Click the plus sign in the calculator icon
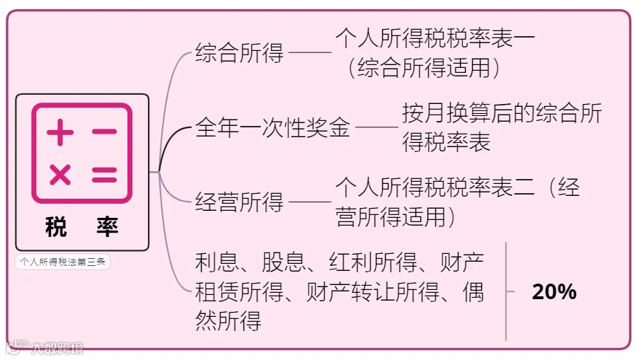60,132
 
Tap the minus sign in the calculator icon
104,132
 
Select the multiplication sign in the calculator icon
60,174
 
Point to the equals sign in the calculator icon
104,174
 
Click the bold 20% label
553,291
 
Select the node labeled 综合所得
239,53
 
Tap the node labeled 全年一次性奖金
272,128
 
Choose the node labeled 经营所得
239,203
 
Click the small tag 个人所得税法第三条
63,262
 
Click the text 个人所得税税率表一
435,39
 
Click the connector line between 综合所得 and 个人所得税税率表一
310,53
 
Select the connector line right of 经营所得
310,203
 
